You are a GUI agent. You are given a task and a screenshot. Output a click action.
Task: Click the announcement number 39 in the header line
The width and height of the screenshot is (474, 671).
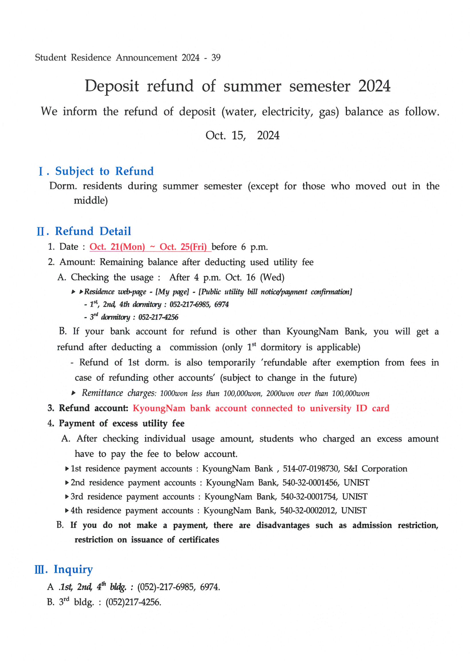pos(216,58)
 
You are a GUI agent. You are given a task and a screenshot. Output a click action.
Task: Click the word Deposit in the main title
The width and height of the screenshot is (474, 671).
pos(112,86)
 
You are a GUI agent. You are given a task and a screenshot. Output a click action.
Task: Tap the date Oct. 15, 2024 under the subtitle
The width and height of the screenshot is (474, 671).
pos(242,135)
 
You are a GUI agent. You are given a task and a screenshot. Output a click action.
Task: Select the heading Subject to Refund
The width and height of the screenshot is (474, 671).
pos(104,171)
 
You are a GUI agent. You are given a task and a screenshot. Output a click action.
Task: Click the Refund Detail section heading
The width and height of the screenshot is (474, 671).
pos(93,231)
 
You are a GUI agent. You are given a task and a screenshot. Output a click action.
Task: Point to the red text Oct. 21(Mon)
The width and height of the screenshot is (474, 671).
pos(117,247)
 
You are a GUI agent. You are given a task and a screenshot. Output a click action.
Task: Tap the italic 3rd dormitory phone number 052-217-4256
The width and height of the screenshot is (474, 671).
pos(158,317)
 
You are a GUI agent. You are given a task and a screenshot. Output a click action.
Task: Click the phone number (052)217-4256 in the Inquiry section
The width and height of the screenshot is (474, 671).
pos(133,602)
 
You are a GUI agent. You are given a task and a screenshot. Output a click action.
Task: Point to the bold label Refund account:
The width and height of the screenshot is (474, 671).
pos(93,408)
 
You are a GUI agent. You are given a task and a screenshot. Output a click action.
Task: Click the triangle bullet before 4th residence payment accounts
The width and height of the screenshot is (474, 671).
pos(67,511)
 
